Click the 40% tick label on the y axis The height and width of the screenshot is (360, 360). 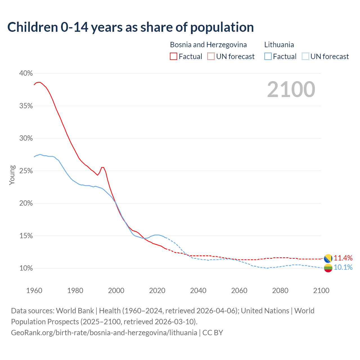[26, 73]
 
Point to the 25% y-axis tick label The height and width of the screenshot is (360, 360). [26, 171]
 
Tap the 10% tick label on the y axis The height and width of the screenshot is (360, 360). [26, 268]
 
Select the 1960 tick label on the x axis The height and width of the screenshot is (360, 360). [34, 291]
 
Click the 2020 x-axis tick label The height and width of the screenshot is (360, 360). [157, 291]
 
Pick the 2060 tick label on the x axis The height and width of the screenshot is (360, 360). [239, 291]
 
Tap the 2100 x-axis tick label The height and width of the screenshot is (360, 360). [321, 291]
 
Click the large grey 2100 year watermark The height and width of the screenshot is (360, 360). [291, 89]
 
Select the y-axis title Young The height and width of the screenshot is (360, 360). [12, 175]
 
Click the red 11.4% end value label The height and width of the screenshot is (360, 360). [343, 258]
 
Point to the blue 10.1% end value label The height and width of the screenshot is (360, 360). [343, 267]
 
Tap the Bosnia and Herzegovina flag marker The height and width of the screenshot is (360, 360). [328, 258]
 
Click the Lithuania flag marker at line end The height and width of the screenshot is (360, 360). [328, 268]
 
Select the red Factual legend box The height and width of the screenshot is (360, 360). [174, 57]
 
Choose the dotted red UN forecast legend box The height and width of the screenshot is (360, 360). [211, 57]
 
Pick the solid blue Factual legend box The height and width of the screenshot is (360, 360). [268, 57]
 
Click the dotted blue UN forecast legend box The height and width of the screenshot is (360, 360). [305, 57]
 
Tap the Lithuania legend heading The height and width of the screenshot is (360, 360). [279, 45]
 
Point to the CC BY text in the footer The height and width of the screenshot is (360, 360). [213, 333]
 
